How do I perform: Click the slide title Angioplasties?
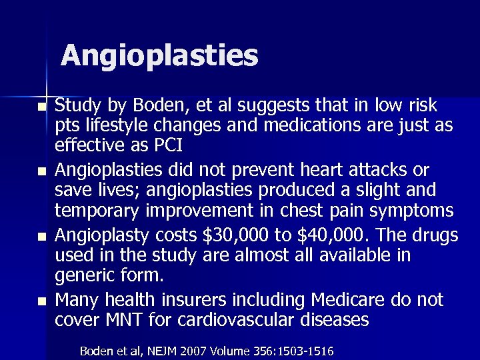tap(159, 55)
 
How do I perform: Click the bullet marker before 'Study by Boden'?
tap(43, 107)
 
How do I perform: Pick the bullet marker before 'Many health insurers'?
tap(43, 301)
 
